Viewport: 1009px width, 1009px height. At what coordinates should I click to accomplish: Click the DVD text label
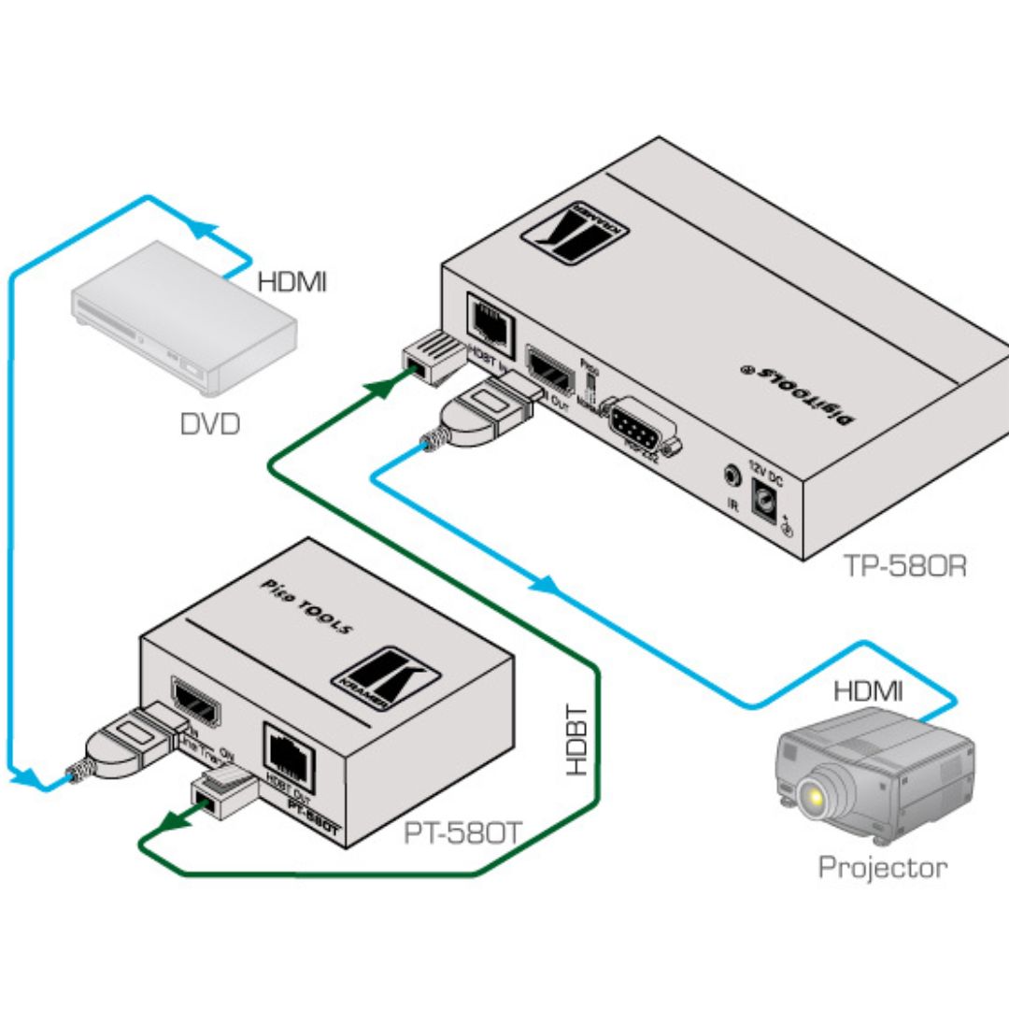click(210, 425)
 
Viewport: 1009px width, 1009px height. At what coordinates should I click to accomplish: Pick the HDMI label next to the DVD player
click(292, 280)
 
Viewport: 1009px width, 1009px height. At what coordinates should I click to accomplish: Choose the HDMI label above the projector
click(868, 691)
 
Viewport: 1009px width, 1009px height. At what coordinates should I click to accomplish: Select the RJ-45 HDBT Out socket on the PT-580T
click(291, 749)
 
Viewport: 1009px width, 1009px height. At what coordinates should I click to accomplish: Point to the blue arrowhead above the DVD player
click(201, 227)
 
